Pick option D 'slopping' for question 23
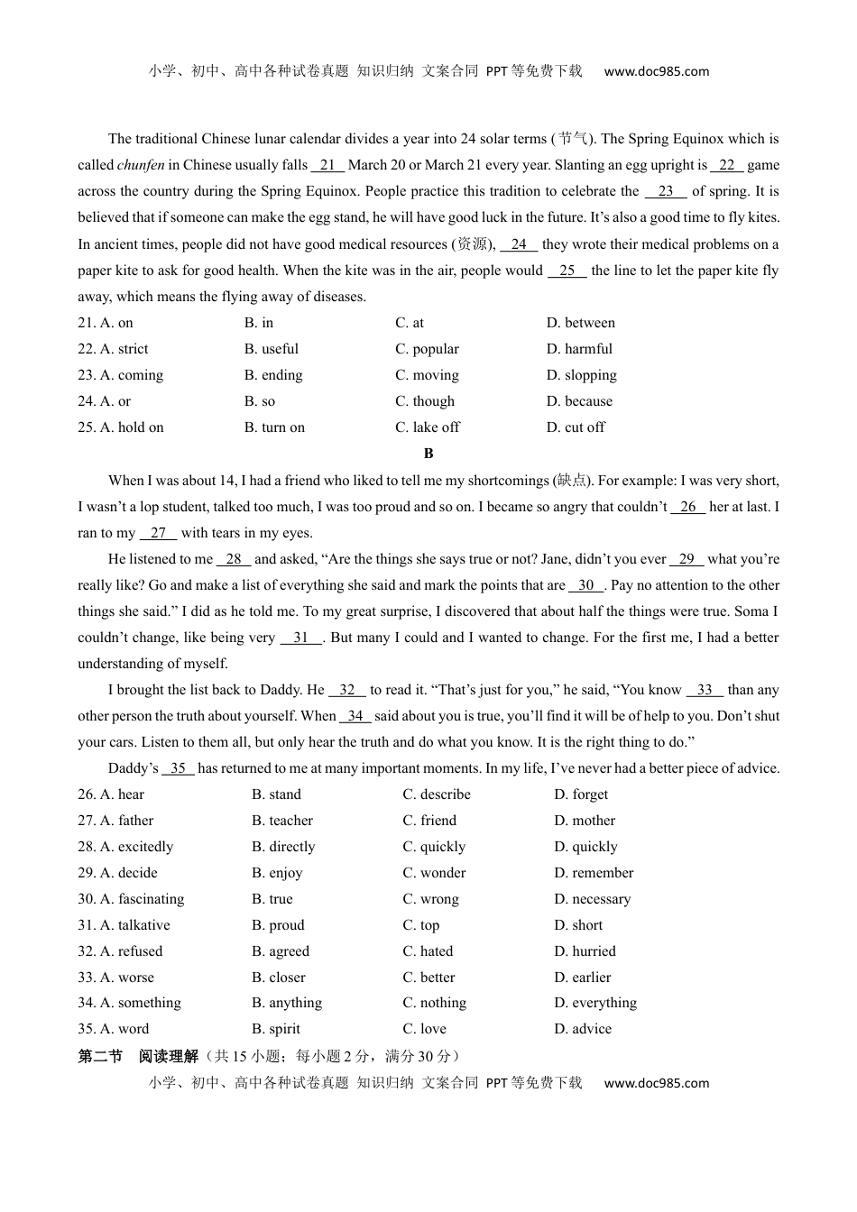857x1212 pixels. tap(581, 375)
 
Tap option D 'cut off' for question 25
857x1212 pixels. tap(576, 427)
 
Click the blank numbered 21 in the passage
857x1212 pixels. tap(327, 165)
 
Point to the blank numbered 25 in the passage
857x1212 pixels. tap(567, 271)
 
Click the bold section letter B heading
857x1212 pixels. tap(428, 454)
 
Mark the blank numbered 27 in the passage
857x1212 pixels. tap(158, 533)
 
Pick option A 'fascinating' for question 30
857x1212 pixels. tap(131, 899)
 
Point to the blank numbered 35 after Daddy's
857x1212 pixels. tap(178, 768)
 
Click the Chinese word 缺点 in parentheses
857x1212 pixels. tap(571, 481)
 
